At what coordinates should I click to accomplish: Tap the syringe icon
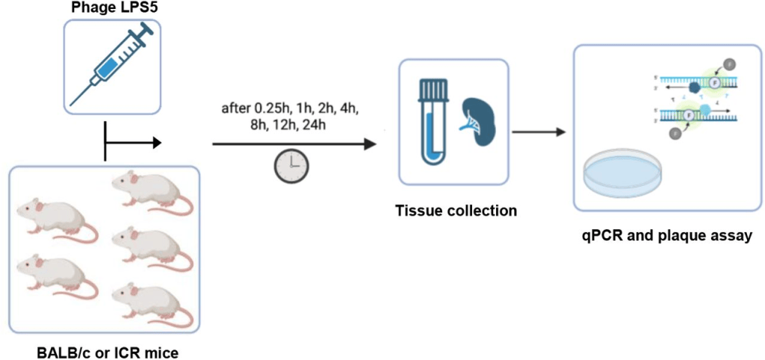click(x=112, y=65)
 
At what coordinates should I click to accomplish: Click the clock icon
click(x=291, y=166)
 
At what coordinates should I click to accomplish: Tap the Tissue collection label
click(x=456, y=211)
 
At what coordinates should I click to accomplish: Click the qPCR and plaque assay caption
click(x=666, y=236)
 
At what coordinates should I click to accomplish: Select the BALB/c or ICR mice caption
click(x=108, y=352)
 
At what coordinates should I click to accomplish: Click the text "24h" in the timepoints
click(x=315, y=125)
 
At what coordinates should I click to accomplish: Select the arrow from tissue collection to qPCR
click(x=537, y=133)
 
